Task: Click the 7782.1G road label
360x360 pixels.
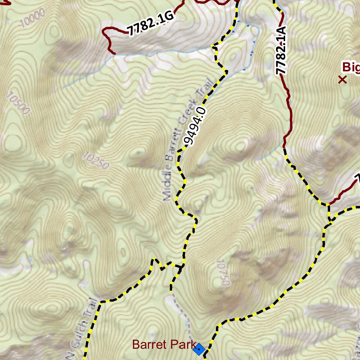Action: click(151, 24)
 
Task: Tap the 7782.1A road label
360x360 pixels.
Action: click(281, 50)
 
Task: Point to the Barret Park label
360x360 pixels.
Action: click(164, 345)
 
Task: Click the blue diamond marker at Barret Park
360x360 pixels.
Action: click(199, 349)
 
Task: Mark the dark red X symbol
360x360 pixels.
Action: click(342, 80)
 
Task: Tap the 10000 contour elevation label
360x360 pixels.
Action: click(33, 18)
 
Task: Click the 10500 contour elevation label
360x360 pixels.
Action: click(18, 104)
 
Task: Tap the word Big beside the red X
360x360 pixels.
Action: click(351, 67)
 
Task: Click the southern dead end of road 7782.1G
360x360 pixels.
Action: click(114, 53)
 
